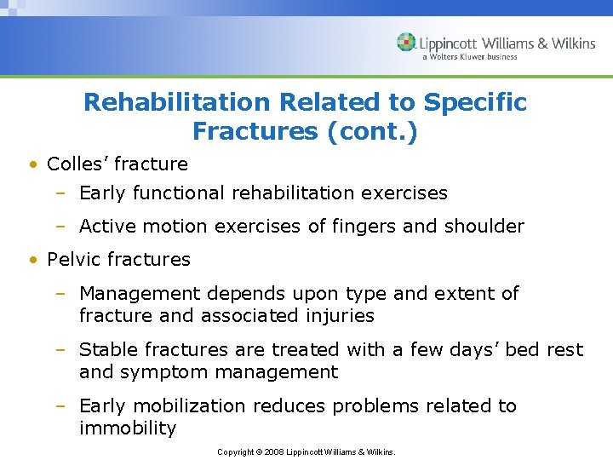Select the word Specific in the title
click(x=475, y=103)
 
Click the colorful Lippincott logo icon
click(x=406, y=43)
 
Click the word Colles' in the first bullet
click(x=79, y=164)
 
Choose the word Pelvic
click(x=73, y=259)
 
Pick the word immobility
click(x=127, y=428)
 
